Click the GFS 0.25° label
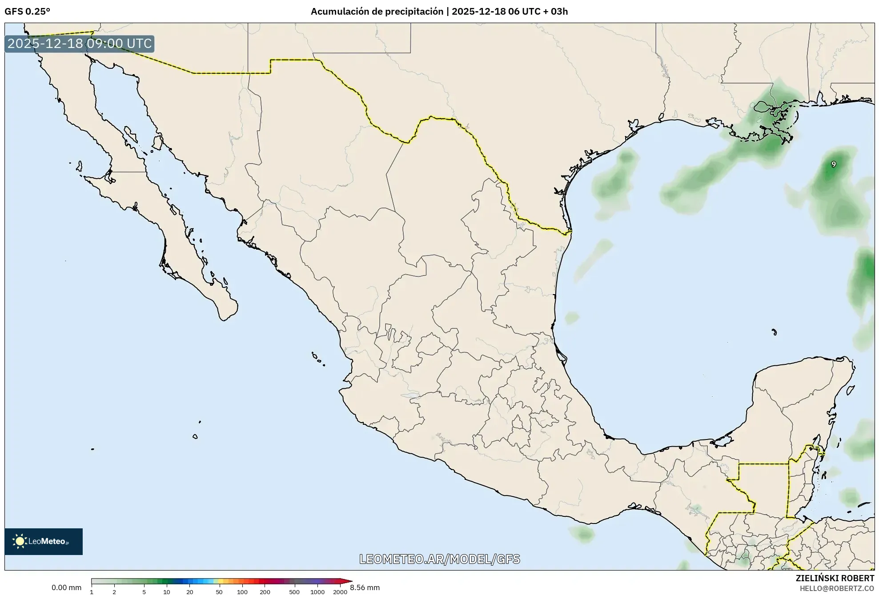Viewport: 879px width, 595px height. (27, 12)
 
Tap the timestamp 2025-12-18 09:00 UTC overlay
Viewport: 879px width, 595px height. (80, 44)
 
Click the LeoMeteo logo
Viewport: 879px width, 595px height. (44, 541)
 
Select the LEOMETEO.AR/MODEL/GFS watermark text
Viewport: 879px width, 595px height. (439, 559)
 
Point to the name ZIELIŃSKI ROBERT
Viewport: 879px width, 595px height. (835, 578)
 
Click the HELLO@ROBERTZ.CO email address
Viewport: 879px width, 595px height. (837, 588)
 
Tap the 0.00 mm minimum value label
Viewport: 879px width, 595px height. (66, 587)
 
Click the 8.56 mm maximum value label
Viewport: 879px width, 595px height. (365, 587)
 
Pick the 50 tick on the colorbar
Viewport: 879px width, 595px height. (219, 591)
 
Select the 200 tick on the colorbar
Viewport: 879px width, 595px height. (265, 591)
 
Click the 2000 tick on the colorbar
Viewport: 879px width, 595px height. (340, 591)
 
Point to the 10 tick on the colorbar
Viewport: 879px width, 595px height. (167, 591)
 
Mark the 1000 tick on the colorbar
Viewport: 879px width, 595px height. (317, 591)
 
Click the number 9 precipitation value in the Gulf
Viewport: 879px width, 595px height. (834, 164)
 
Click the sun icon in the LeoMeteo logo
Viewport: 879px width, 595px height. (20, 541)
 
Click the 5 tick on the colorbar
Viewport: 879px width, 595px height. (144, 591)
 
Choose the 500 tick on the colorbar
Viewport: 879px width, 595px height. (294, 591)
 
